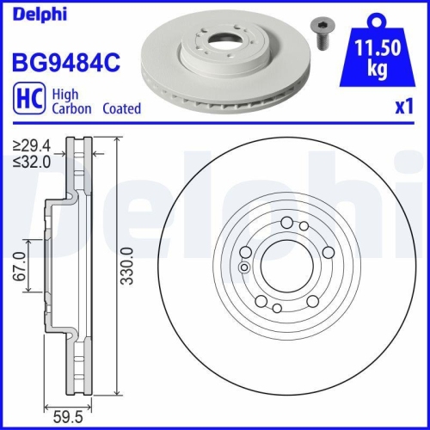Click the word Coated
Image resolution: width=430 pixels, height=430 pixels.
tap(121, 109)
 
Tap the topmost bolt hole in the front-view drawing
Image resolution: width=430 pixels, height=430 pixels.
tap(286, 223)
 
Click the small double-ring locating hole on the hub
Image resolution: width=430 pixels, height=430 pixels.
tap(243, 267)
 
